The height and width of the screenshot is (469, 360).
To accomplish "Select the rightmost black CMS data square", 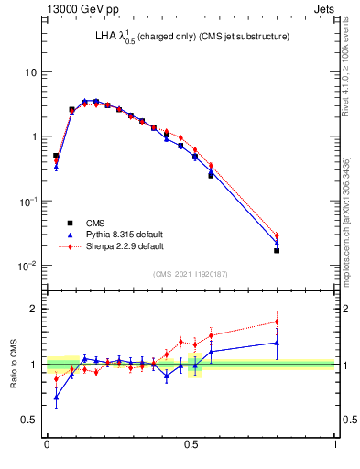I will [277, 250].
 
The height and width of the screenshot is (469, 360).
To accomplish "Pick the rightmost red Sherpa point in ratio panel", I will [277, 322].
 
